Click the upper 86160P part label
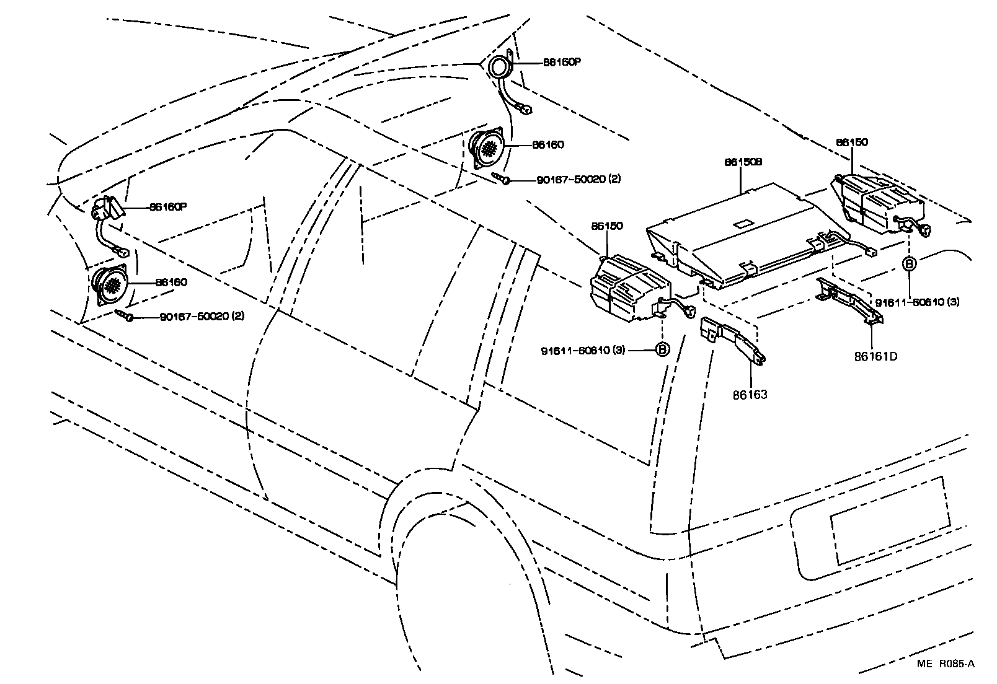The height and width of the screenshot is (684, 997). click(x=562, y=63)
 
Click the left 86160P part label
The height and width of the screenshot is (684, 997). click(x=167, y=207)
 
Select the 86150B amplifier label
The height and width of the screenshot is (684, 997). click(x=743, y=162)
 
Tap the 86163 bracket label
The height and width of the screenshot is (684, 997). click(x=751, y=394)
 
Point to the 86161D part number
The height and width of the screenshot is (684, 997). click(x=875, y=356)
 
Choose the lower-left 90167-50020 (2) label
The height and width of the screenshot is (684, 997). click(x=202, y=316)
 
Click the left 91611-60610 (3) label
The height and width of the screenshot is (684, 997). click(x=583, y=350)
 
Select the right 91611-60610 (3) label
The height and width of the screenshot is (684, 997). click(x=917, y=302)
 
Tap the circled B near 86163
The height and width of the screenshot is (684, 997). click(x=662, y=350)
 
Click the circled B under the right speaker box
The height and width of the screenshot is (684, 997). click(x=909, y=264)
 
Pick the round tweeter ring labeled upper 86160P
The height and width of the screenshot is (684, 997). click(x=498, y=66)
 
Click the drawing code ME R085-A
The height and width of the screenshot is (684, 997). click(x=946, y=664)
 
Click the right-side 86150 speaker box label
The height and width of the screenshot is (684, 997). click(x=851, y=142)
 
